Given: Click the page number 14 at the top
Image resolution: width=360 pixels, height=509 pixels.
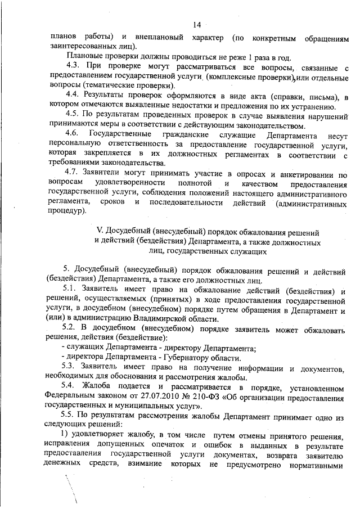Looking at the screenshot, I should [x=197, y=25].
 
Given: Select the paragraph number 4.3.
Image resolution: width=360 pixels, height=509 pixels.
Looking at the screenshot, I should [x=74, y=67].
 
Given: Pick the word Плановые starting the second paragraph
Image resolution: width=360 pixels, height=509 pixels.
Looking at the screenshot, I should [x=84, y=57].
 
